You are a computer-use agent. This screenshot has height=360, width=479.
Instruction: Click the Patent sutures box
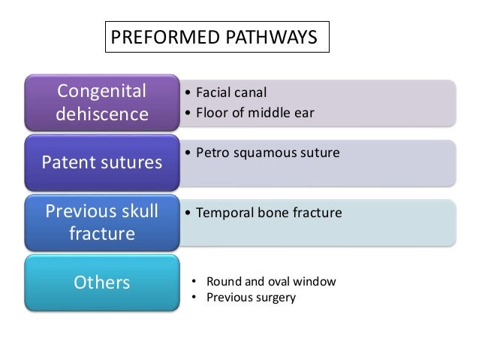(x=101, y=162)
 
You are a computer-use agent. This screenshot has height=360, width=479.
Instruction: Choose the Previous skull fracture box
(x=101, y=222)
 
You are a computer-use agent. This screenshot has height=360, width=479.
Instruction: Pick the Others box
(x=101, y=283)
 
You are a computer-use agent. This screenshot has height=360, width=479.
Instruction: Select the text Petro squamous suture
(x=267, y=153)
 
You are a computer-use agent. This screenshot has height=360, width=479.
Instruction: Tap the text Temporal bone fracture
(x=268, y=213)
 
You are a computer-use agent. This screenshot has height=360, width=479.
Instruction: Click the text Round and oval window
(x=270, y=282)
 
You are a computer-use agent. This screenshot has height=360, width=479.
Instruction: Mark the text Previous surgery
(x=251, y=297)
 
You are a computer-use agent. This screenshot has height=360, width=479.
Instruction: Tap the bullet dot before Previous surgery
(x=194, y=297)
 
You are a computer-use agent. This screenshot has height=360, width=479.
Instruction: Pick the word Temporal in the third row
(x=221, y=213)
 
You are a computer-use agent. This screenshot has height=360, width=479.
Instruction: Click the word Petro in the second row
(x=212, y=153)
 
